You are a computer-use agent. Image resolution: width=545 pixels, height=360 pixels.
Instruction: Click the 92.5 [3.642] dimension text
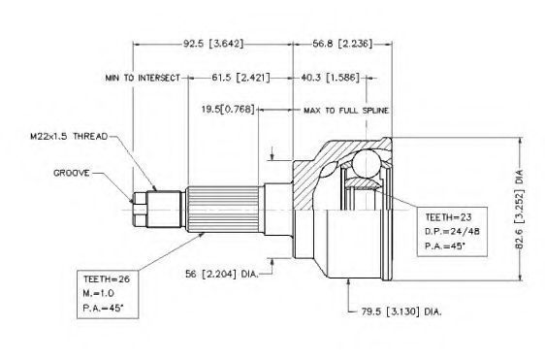[x=213, y=44]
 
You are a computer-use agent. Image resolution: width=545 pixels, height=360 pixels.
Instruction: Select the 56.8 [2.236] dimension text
[x=342, y=44]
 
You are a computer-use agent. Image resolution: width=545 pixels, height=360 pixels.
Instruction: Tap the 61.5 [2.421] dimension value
[x=240, y=78]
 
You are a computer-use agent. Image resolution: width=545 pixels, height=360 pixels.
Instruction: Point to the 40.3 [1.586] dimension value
[x=330, y=78]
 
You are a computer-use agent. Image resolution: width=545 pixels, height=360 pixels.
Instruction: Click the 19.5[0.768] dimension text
[x=228, y=110]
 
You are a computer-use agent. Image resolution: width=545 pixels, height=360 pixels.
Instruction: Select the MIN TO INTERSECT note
[x=143, y=78]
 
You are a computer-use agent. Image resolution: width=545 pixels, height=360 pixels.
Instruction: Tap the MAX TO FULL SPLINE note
[x=346, y=111]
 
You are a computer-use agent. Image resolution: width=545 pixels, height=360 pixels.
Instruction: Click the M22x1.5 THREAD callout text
[x=69, y=137]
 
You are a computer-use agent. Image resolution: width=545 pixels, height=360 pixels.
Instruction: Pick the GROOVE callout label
[x=72, y=173]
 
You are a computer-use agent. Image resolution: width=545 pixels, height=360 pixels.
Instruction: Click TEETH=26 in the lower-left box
[x=107, y=278]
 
